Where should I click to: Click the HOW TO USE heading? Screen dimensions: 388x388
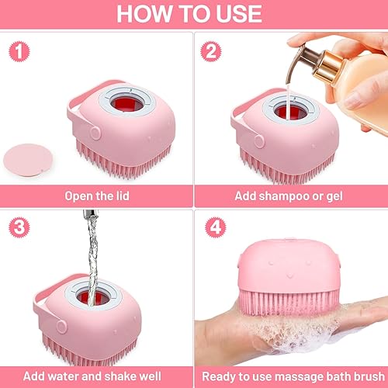pyautogui.click(x=194, y=15)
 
